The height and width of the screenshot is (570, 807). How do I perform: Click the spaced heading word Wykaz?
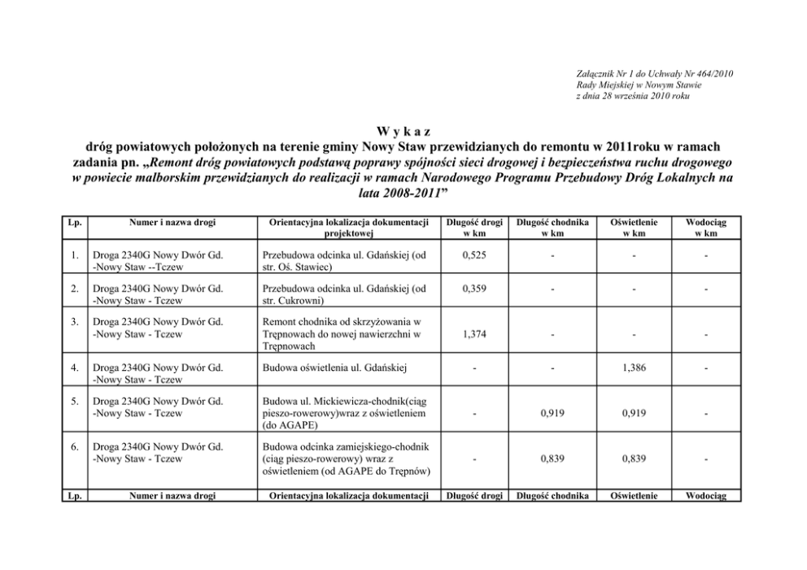(x=403, y=132)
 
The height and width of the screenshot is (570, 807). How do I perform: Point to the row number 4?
(x=74, y=368)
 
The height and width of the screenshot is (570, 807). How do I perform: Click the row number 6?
(x=74, y=446)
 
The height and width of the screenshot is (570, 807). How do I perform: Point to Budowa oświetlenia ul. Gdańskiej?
(x=334, y=368)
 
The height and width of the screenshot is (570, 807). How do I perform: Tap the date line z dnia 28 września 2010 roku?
(x=631, y=96)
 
